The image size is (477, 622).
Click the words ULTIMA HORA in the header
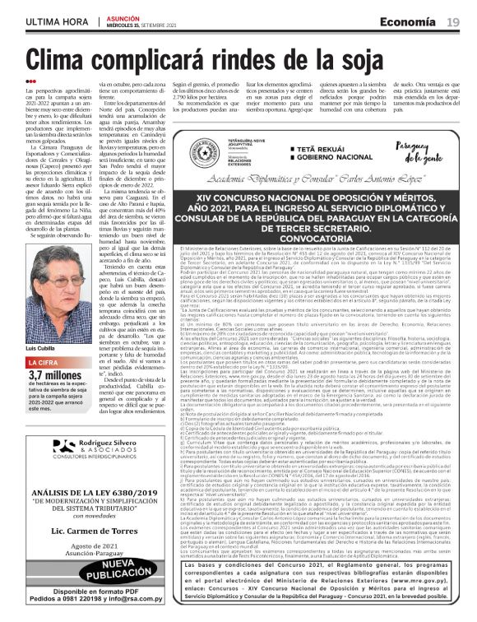pyautogui.click(x=57, y=21)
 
